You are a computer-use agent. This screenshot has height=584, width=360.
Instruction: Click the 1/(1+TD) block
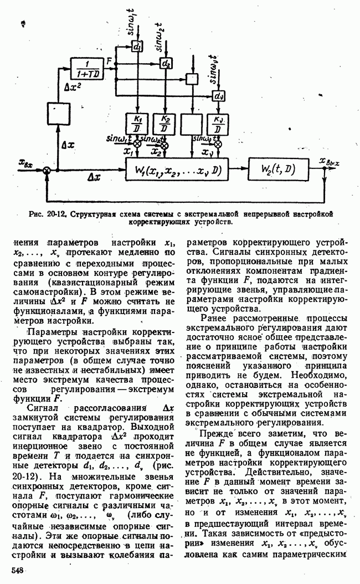tap(88, 67)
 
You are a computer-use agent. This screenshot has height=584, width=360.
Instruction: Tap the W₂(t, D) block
tap(274, 169)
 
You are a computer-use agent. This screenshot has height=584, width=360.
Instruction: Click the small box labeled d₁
tap(137, 47)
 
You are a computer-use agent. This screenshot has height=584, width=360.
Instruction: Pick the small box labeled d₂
tap(165, 63)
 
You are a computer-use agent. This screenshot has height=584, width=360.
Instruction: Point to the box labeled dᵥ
tap(219, 96)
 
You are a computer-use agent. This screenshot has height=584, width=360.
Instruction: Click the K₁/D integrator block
tap(137, 125)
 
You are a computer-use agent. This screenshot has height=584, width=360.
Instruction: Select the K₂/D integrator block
tap(165, 125)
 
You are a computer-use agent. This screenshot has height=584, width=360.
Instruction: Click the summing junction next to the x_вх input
tap(48, 170)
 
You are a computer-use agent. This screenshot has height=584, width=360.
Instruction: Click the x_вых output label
tap(329, 162)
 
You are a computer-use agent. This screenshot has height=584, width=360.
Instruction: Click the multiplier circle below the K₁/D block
tap(137, 143)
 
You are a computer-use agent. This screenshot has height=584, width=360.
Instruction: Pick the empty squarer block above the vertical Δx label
tap(57, 112)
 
